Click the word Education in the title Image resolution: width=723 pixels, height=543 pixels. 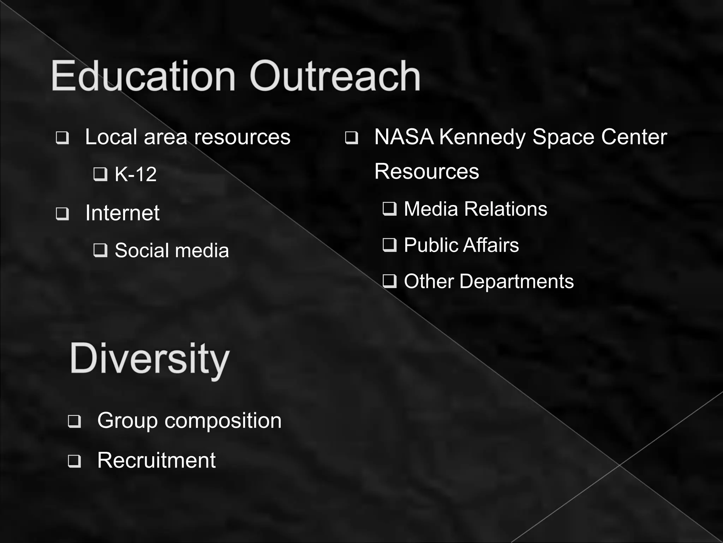[143, 76]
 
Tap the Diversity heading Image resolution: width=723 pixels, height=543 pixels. [150, 359]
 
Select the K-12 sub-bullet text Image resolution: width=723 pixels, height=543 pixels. [136, 174]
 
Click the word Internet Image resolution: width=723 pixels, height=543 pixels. [122, 213]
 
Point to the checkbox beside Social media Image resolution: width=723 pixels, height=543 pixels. [100, 250]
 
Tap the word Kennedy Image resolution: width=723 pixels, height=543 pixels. [483, 138]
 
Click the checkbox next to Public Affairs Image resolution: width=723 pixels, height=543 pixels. [389, 245]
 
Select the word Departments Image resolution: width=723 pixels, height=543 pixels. [516, 282]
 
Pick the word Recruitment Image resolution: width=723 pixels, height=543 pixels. [156, 460]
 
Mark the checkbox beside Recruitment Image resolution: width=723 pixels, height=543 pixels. [74, 461]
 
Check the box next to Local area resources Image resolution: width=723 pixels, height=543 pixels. [62, 138]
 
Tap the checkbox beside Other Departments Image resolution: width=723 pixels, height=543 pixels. [389, 281]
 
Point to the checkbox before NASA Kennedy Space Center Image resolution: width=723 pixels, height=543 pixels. [351, 138]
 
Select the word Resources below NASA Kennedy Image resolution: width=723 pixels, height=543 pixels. [426, 171]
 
